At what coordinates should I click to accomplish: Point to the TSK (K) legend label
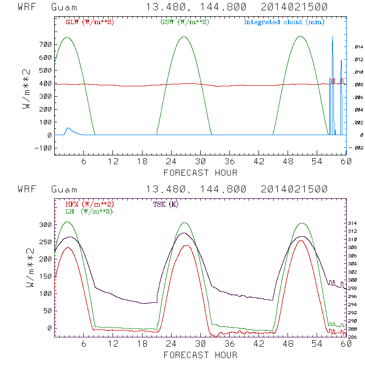[x=166, y=204]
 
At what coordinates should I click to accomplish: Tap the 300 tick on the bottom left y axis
[x=46, y=225]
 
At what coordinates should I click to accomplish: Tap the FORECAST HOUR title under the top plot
[x=200, y=173]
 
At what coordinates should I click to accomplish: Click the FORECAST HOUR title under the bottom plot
[x=200, y=355]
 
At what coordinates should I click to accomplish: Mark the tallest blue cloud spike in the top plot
[x=332, y=37]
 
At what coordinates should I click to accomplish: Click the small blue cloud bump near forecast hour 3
[x=69, y=129]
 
